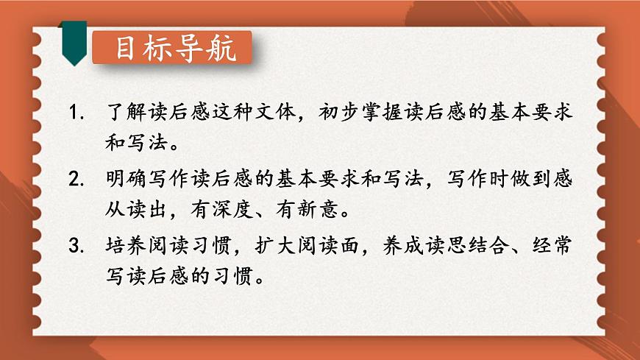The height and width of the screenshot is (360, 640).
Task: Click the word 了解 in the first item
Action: click(x=126, y=115)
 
